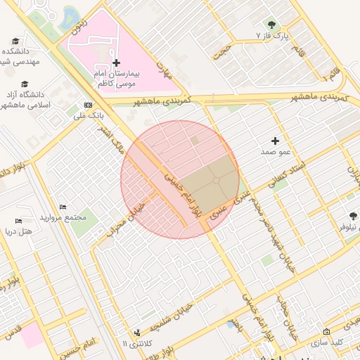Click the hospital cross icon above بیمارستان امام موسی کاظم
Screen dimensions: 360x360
117,63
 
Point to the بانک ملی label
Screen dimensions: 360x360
89,113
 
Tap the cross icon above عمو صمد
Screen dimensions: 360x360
275,141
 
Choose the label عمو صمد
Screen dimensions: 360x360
276,152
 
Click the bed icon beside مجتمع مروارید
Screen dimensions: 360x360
63,207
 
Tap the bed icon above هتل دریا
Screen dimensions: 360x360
18,221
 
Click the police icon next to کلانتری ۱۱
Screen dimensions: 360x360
136,332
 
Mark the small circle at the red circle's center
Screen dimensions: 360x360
216,181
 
